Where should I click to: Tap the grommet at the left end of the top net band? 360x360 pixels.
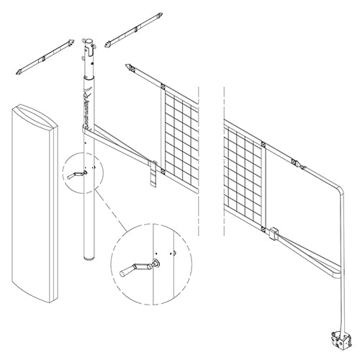pyautogui.click(x=131, y=68)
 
